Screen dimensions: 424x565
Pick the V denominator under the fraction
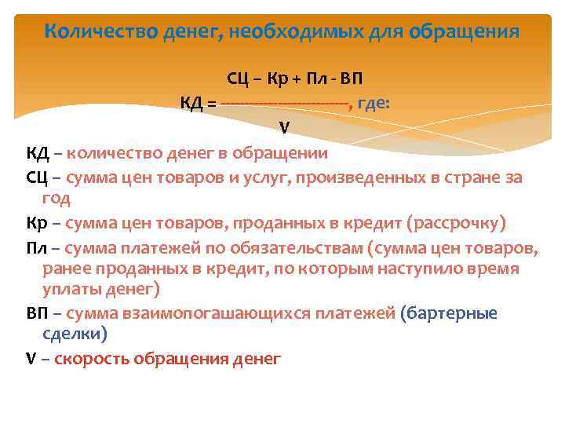[284, 127]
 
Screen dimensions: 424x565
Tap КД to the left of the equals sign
[193, 103]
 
